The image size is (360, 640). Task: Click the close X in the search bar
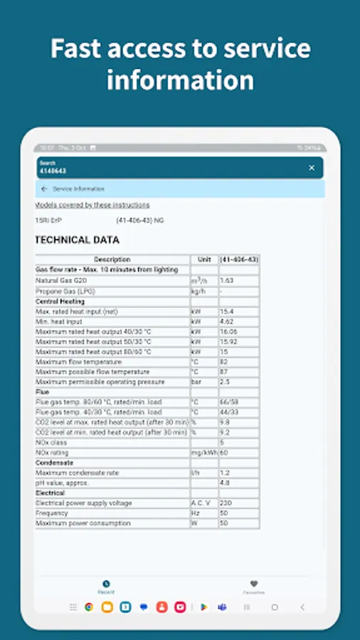[312, 168]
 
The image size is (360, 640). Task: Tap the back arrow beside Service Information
[44, 189]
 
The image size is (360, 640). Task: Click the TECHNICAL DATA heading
[77, 240]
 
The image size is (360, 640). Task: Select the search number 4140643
[53, 171]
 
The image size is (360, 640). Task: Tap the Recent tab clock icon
[106, 584]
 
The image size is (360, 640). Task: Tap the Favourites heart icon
[254, 584]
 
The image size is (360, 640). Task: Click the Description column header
[112, 260]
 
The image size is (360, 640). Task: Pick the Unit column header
[204, 260]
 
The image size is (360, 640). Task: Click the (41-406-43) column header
[239, 260]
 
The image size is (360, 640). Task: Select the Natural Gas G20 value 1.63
[228, 281]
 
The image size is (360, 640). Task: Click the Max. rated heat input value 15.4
[228, 311]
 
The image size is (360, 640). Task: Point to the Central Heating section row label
[60, 302]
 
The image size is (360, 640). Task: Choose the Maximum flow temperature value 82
[224, 362]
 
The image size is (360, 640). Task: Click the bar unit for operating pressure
[196, 382]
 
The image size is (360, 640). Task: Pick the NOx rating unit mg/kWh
[203, 452]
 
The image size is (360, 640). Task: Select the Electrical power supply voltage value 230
[226, 503]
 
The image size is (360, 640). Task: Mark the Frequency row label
[52, 513]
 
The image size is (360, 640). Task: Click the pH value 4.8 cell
[225, 483]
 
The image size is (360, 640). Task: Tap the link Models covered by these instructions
[92, 205]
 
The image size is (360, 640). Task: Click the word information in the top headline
[180, 80]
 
